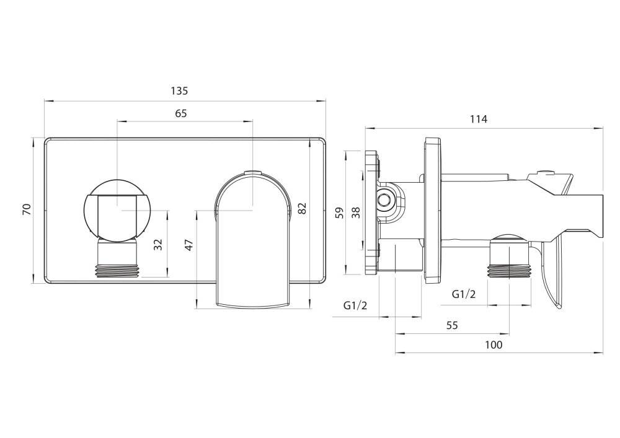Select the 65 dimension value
tap(181, 113)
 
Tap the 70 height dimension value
tap(27, 210)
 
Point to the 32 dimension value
tap(159, 244)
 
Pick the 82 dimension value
tap(302, 209)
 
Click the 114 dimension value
tap(479, 120)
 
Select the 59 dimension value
tap(339, 212)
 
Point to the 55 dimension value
tap(451, 325)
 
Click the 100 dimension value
tap(494, 344)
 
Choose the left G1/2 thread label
tap(356, 305)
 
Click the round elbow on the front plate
tap(117, 209)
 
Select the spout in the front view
tap(253, 248)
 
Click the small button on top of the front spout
tap(253, 172)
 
